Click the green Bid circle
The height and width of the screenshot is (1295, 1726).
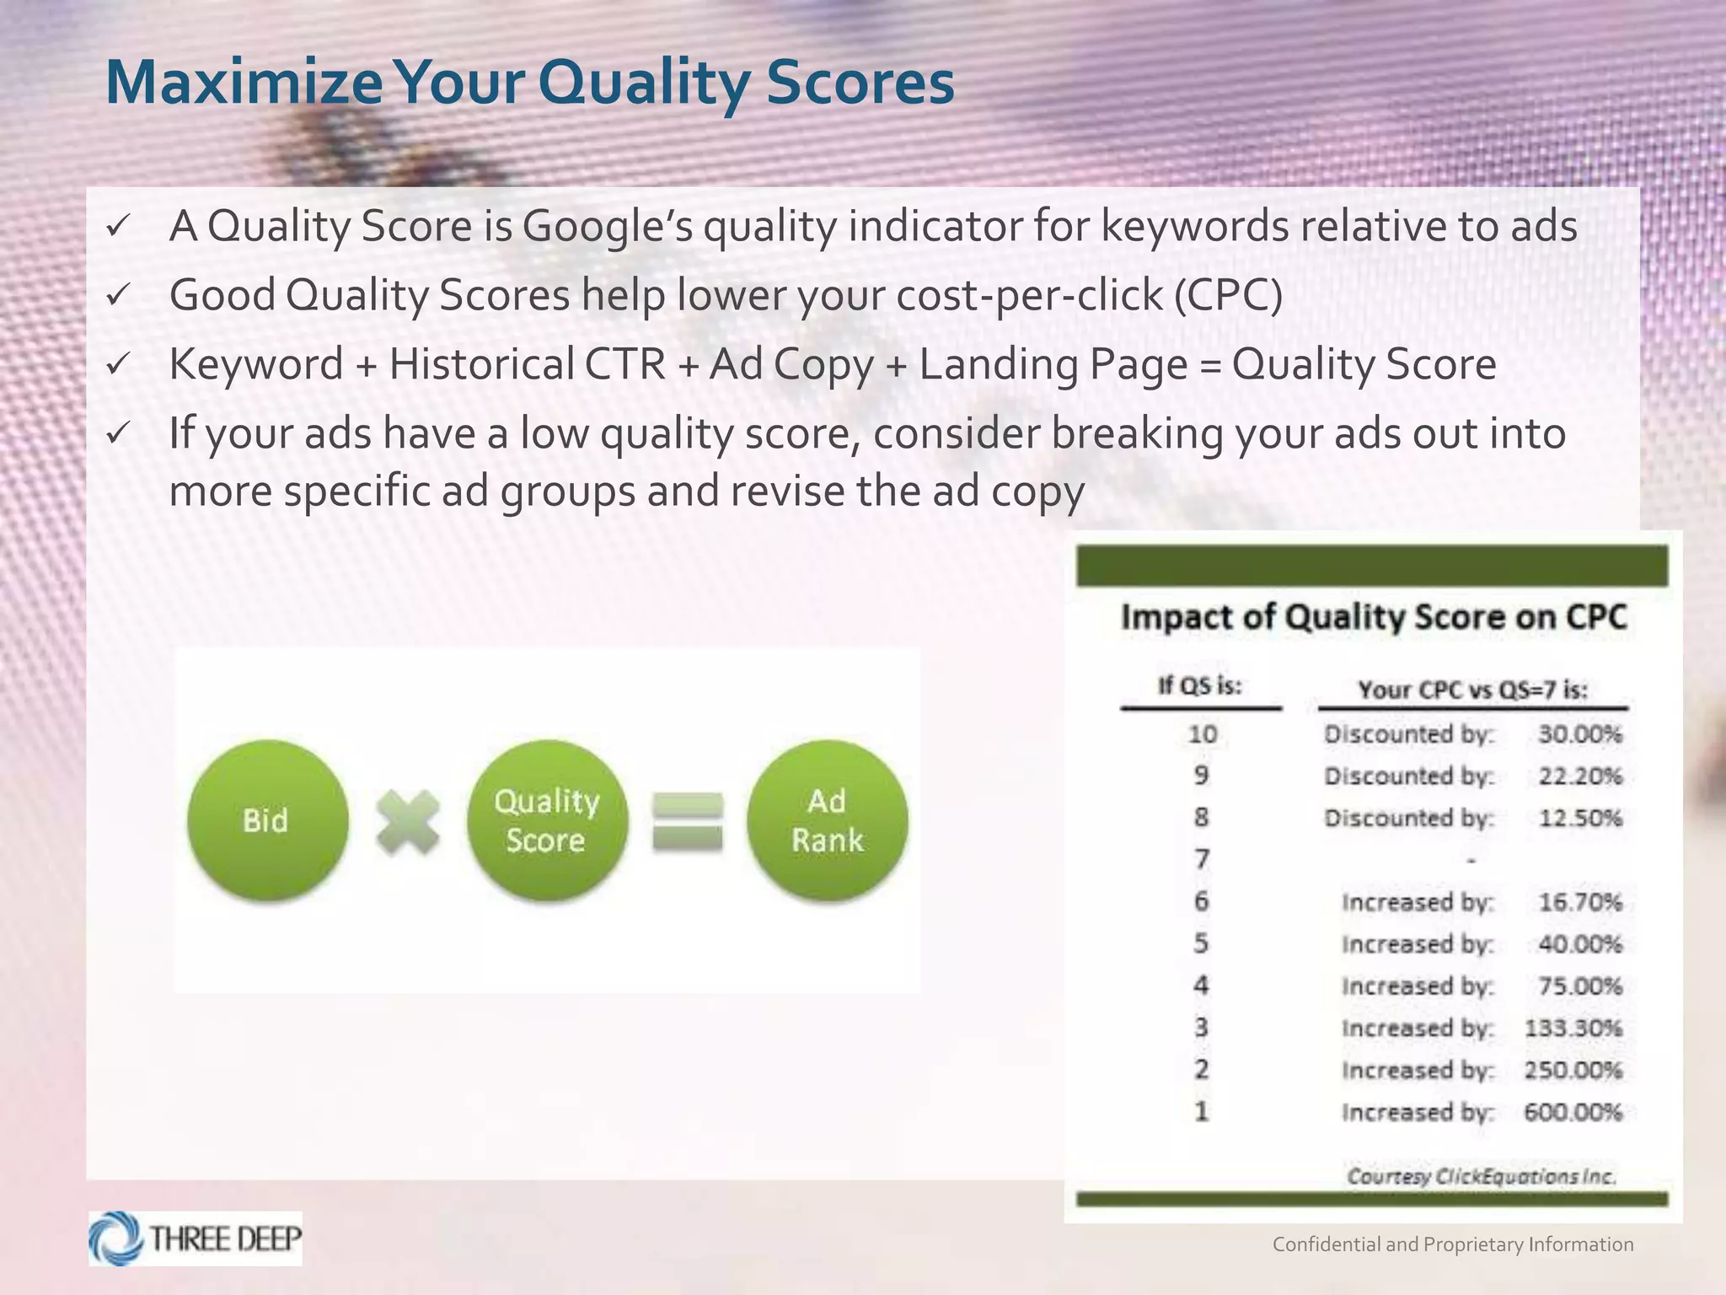pos(267,820)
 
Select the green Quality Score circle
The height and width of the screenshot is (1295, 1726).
pos(547,820)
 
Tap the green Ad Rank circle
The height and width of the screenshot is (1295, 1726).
pos(827,820)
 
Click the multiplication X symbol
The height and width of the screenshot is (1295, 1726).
pos(408,822)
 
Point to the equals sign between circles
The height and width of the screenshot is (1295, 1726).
pos(688,822)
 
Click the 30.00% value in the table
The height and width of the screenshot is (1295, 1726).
pos(1579,734)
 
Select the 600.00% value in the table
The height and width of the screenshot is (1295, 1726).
pos(1573,1113)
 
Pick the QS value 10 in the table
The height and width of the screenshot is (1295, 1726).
pos(1202,734)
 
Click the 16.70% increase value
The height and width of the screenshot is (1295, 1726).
pos(1579,903)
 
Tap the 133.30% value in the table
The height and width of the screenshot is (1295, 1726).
pos(1573,1029)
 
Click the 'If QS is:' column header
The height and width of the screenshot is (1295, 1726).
pos(1200,686)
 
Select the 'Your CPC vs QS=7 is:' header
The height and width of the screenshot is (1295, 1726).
pos(1472,690)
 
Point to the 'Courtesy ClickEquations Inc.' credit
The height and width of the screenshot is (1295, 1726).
pos(1481,1177)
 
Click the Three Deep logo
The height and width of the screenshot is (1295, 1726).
pos(196,1239)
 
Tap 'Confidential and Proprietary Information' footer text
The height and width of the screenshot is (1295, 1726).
pos(1452,1244)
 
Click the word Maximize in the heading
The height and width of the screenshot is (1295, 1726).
pos(244,83)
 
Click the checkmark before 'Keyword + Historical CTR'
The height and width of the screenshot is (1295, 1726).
pos(117,364)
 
